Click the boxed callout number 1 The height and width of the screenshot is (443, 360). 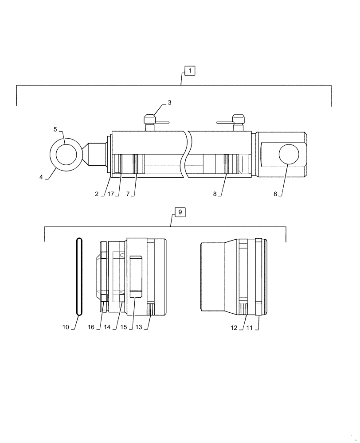[x=189, y=70]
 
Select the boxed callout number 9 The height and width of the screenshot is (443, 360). [x=180, y=212]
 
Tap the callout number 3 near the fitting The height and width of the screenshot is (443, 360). [x=169, y=103]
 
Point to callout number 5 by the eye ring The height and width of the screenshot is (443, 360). [x=55, y=129]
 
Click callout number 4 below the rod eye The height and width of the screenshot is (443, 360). [x=41, y=177]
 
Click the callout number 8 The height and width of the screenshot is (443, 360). [x=215, y=194]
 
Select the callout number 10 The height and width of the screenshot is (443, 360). [x=66, y=327]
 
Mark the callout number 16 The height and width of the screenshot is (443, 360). [x=91, y=327]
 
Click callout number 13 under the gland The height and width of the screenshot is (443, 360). [x=139, y=327]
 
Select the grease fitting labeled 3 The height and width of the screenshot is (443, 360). [x=149, y=120]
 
